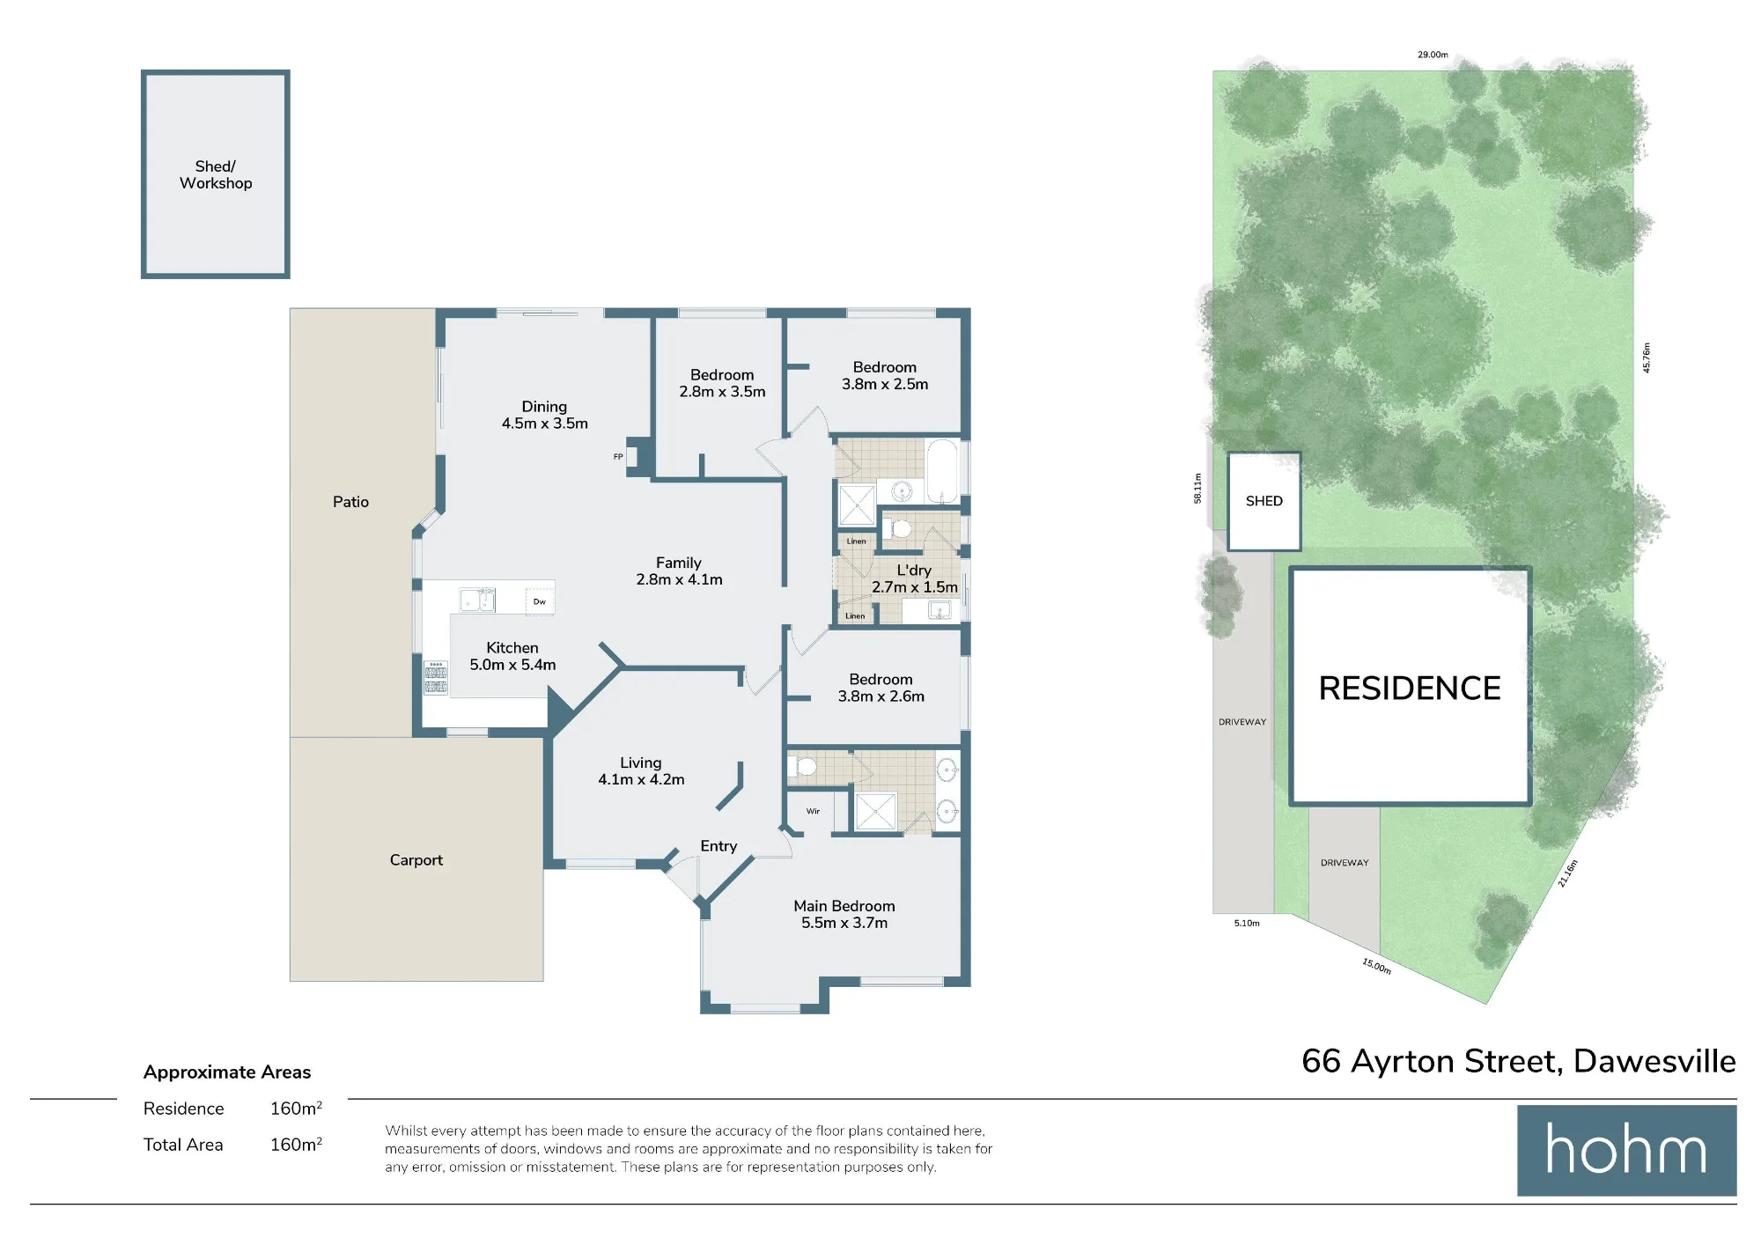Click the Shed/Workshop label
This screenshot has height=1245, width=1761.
pos(216,174)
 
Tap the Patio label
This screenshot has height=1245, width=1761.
pos(350,502)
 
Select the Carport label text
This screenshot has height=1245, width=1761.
pos(416,860)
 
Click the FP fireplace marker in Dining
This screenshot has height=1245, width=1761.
pos(618,456)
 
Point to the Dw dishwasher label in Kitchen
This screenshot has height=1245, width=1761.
pos(540,601)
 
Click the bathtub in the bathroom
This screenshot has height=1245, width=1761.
pos(942,471)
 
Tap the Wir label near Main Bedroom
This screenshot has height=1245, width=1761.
pos(813,811)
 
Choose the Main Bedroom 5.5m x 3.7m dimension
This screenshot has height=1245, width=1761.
pos(844,923)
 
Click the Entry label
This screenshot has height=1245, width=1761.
pos(718,846)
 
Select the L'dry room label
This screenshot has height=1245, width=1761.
pos(914,570)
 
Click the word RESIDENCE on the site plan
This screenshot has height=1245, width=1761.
pos(1410,689)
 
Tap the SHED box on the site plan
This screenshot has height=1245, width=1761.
pos(1264,501)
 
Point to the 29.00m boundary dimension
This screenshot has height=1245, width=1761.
pos(1433,55)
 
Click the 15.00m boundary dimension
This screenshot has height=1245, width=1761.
pos(1377,966)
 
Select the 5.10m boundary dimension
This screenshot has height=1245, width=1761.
pos(1247,924)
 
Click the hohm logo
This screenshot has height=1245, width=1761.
pos(1626,1150)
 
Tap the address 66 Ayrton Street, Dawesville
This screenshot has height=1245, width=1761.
pos(1519,1062)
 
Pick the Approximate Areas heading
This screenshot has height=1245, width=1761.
pos(227,1072)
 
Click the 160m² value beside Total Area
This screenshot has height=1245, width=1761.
pos(296,1145)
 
